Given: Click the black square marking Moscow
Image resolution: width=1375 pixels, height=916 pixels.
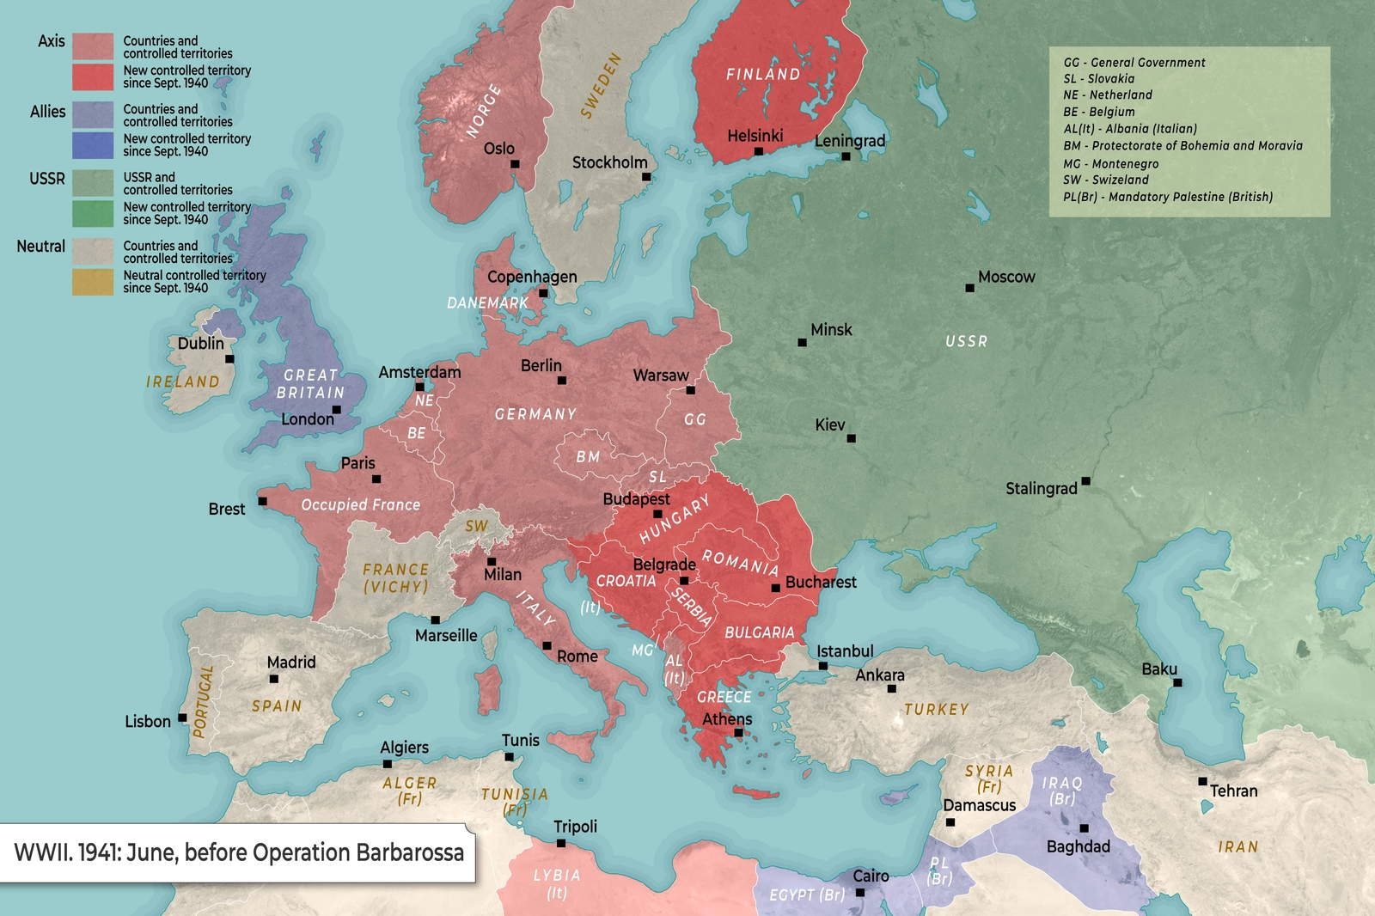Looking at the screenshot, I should click(969, 288).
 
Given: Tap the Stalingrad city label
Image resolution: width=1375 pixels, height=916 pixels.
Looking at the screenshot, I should click(1041, 489).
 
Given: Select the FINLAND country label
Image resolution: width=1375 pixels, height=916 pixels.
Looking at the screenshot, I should click(762, 74).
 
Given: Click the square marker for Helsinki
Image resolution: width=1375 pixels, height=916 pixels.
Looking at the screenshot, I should click(758, 151).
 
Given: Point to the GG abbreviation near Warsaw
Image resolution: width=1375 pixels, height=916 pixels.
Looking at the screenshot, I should click(694, 419).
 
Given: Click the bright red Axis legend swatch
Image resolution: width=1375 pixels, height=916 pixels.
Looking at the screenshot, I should click(93, 76).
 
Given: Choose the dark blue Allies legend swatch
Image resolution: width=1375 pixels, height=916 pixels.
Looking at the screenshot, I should click(93, 144).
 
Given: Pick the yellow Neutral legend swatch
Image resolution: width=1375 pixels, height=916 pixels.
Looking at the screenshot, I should click(93, 282).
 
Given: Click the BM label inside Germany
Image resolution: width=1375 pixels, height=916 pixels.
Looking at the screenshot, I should click(588, 456).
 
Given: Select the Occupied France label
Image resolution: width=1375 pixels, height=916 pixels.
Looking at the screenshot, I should click(360, 504).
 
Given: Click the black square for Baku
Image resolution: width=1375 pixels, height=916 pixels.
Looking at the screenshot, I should click(1177, 682).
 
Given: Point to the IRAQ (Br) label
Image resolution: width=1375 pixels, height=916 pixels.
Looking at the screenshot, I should click(1061, 791).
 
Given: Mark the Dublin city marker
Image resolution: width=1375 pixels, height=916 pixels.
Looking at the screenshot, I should click(229, 358).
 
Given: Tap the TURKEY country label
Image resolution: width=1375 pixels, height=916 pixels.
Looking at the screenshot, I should click(936, 710).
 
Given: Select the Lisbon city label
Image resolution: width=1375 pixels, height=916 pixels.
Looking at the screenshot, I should click(148, 722).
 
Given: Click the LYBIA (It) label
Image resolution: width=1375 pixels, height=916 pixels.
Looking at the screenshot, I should click(557, 883).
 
